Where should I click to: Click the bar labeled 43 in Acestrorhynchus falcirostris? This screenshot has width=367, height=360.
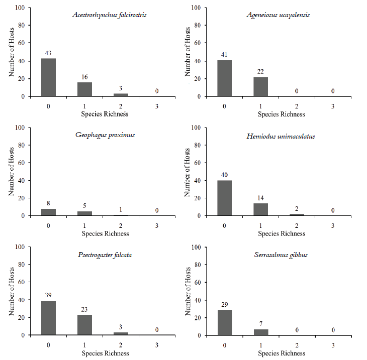[48, 77]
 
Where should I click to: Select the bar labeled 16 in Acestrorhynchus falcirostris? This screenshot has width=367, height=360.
[84, 89]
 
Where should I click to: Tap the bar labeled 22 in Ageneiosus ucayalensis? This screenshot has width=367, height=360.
[260, 86]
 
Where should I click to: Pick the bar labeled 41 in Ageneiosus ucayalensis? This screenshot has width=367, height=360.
[224, 78]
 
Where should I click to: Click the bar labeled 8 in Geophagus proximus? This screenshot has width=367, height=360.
[48, 212]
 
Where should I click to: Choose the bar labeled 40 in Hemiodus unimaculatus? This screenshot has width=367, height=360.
[224, 198]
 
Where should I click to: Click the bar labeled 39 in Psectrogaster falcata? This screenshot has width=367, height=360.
[48, 318]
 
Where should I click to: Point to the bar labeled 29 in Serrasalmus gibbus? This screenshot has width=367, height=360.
[224, 322]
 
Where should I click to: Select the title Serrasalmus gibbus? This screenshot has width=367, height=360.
[284, 255]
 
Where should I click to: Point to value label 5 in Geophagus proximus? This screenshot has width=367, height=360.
[84, 207]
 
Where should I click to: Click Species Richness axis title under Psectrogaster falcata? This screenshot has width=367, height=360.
[105, 353]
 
